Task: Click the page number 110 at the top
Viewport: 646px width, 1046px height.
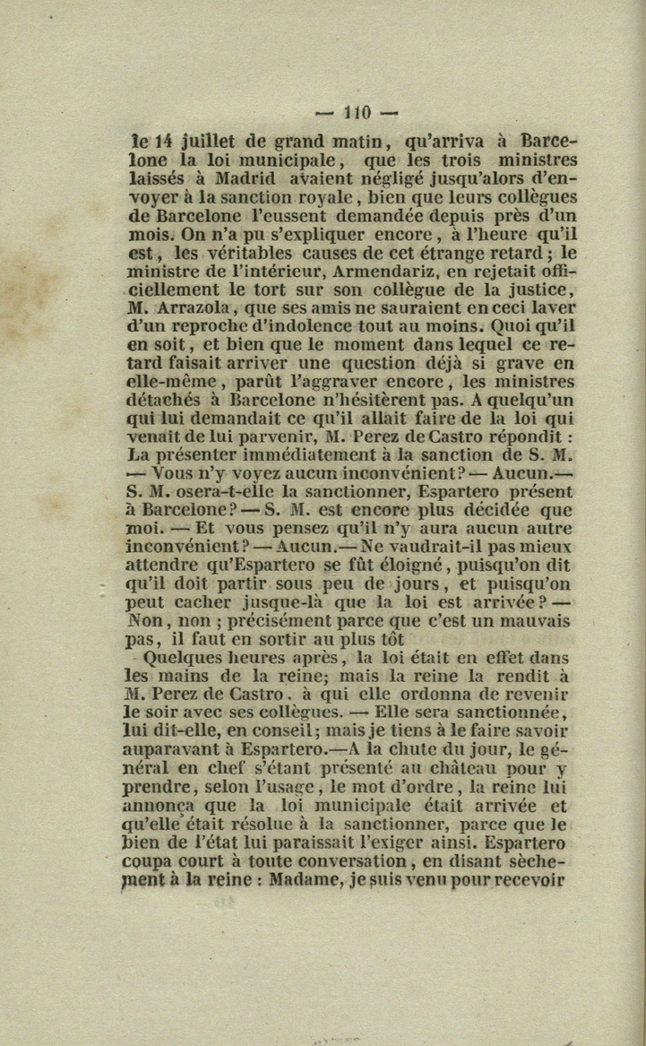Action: [x=356, y=112]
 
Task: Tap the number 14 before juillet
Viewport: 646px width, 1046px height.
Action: [x=163, y=141]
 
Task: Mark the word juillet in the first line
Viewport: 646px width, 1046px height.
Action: [x=211, y=141]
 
